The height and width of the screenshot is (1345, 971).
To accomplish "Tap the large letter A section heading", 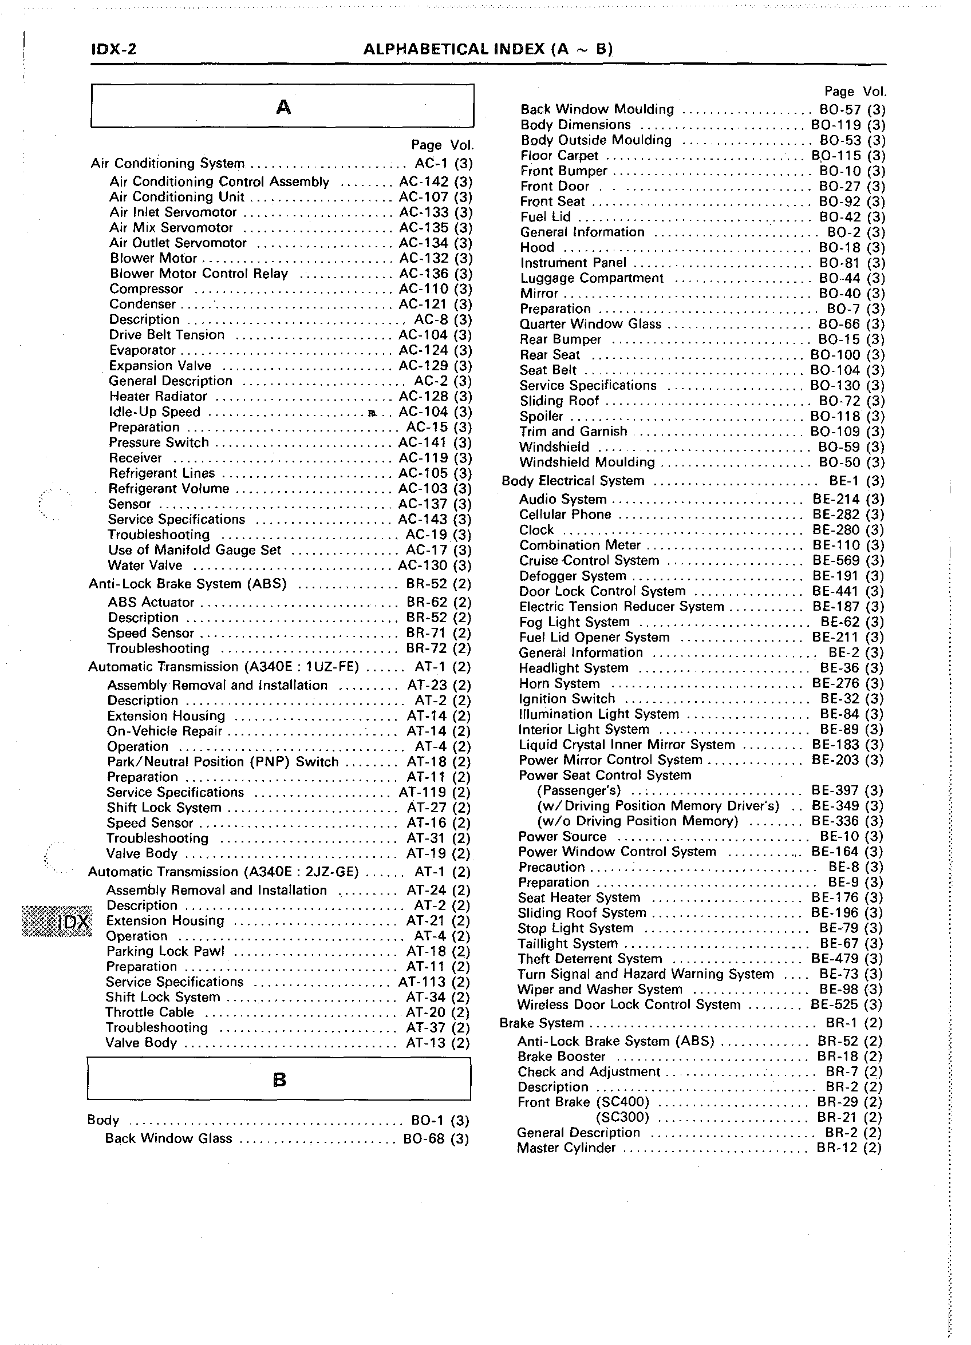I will tap(283, 108).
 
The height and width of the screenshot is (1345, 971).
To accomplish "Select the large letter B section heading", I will tap(279, 1080).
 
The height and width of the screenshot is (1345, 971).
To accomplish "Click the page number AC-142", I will tap(424, 181).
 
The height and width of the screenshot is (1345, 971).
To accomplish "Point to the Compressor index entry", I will tap(146, 289).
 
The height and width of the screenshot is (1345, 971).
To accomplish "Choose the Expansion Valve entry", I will tap(160, 365).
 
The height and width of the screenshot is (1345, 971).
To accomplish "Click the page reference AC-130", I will tap(423, 565).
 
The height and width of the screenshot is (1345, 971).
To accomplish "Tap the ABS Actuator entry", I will tap(151, 602).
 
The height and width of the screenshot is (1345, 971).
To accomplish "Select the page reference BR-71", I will tap(426, 633).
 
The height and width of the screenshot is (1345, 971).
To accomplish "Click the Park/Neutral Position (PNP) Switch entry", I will tap(223, 761).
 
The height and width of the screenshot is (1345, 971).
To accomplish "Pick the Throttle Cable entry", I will tap(149, 1012).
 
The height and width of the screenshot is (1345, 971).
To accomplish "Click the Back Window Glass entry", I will tap(168, 1138).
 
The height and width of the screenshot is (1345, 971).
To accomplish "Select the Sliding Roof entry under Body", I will tap(559, 401).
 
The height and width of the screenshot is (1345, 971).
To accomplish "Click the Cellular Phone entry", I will tap(565, 514).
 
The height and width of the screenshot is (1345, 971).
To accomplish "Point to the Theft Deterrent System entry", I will tap(590, 958).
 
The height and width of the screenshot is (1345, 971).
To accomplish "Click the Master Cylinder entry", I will tap(566, 1148).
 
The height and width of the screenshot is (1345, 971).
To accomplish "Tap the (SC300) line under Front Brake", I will tap(622, 1117).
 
